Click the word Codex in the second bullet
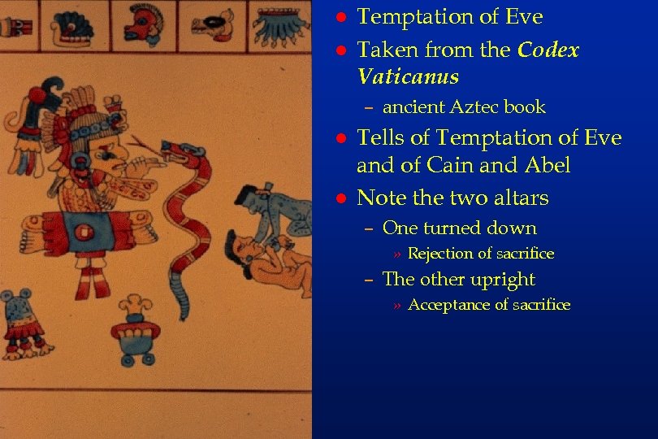point(549,50)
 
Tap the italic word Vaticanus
point(408,77)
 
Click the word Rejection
point(440,254)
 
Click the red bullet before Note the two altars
point(341,198)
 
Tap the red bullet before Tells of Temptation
point(341,138)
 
